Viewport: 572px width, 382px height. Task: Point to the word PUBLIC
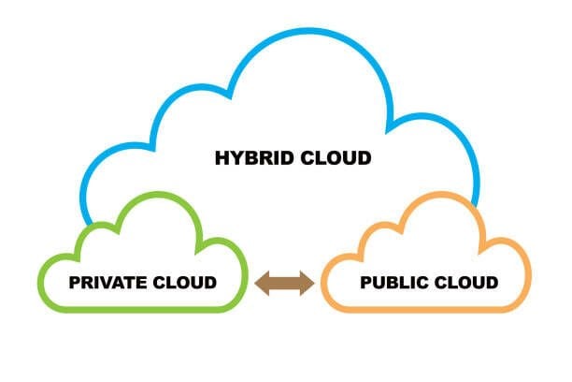click(391, 282)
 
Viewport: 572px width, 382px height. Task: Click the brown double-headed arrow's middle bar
click(284, 284)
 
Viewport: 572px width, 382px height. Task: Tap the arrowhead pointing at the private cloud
click(263, 284)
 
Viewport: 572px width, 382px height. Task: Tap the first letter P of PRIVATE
click(75, 282)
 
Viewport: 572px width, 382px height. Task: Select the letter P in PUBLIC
click(365, 282)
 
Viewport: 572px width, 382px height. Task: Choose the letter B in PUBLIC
click(392, 282)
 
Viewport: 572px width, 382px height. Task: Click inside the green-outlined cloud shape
click(140, 253)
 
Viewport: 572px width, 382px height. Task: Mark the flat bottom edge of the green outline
click(140, 308)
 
